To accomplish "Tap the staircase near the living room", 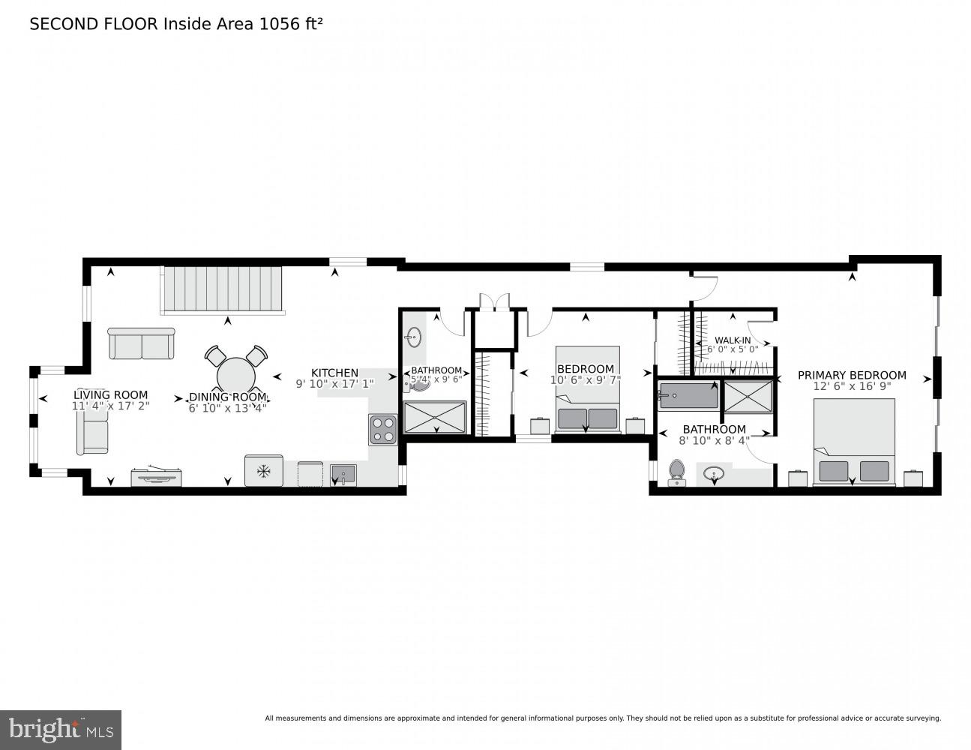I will pos(222,289).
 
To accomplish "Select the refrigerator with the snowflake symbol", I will pos(263,470).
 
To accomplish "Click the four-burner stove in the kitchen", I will pos(382,430).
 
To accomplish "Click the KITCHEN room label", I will pos(334,373).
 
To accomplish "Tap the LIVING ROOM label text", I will pos(110,394).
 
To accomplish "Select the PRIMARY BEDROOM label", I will pos(851,375).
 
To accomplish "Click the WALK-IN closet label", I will pos(732,340).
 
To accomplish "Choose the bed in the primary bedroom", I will pos(854,442).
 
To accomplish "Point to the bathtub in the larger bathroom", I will pos(688,395).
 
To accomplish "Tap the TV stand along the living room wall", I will pos(156,477).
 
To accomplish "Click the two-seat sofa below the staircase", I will pos(141,343).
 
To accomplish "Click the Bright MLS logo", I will pos(60,729).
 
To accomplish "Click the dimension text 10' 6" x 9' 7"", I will pos(585,380).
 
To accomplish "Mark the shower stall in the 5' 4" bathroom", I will pos(435,417).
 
